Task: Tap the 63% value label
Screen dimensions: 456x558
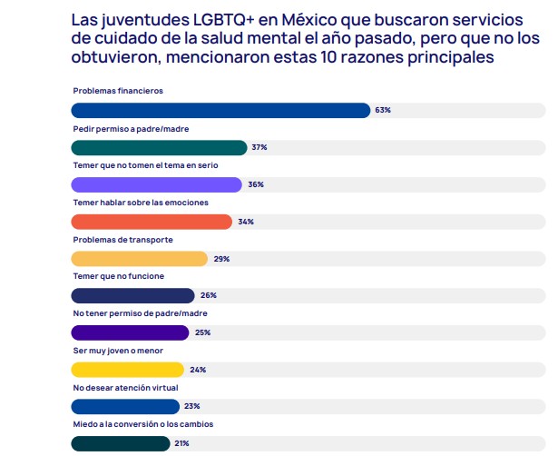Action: pyautogui.click(x=382, y=110)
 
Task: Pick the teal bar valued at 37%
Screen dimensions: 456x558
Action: pyautogui.click(x=159, y=147)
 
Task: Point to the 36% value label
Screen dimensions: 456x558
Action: pyautogui.click(x=255, y=184)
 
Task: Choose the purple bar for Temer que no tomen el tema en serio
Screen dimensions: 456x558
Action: pyautogui.click(x=156, y=184)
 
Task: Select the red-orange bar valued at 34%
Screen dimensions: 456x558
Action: pyautogui.click(x=152, y=222)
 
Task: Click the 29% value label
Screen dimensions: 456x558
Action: pyautogui.click(x=221, y=259)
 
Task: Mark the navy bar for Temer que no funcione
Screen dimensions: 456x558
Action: pyautogui.click(x=132, y=295)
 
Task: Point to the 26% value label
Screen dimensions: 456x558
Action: pyautogui.click(x=208, y=295)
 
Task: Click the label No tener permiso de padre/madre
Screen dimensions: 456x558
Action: pyautogui.click(x=133, y=313)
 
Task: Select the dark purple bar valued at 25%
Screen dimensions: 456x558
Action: pyautogui.click(x=130, y=332)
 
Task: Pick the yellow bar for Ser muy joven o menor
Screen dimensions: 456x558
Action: pyautogui.click(x=127, y=370)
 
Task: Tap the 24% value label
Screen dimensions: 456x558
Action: pyautogui.click(x=198, y=370)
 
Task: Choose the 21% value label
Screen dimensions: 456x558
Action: pyautogui.click(x=181, y=443)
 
